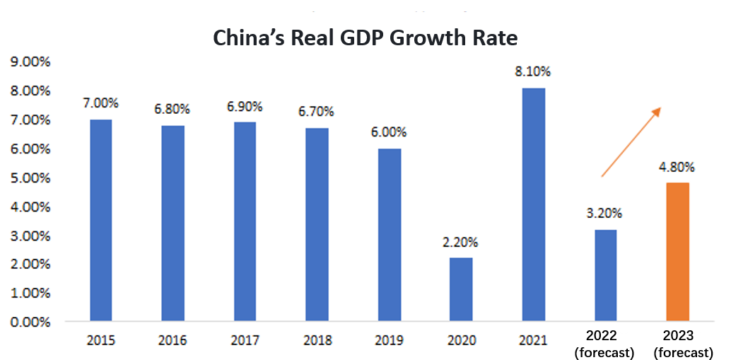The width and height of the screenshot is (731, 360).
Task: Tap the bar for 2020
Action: point(460,289)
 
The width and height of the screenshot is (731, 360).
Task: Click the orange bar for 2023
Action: point(677,252)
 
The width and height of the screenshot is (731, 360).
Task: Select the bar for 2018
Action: point(317,225)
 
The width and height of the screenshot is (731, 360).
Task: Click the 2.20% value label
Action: point(460,243)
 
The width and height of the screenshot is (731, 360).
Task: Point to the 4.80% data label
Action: point(677,168)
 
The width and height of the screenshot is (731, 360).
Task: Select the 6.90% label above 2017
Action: point(245,107)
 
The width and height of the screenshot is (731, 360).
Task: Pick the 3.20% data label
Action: point(605,214)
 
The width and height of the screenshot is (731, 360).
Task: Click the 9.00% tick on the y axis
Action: point(30,62)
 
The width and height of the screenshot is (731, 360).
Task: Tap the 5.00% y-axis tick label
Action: point(30,178)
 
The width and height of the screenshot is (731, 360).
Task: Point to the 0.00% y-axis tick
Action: point(30,322)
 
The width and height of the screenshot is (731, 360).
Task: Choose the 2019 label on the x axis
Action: point(388,341)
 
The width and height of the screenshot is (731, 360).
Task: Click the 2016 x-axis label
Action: point(172,341)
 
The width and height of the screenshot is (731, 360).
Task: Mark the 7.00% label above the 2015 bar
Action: point(100,103)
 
